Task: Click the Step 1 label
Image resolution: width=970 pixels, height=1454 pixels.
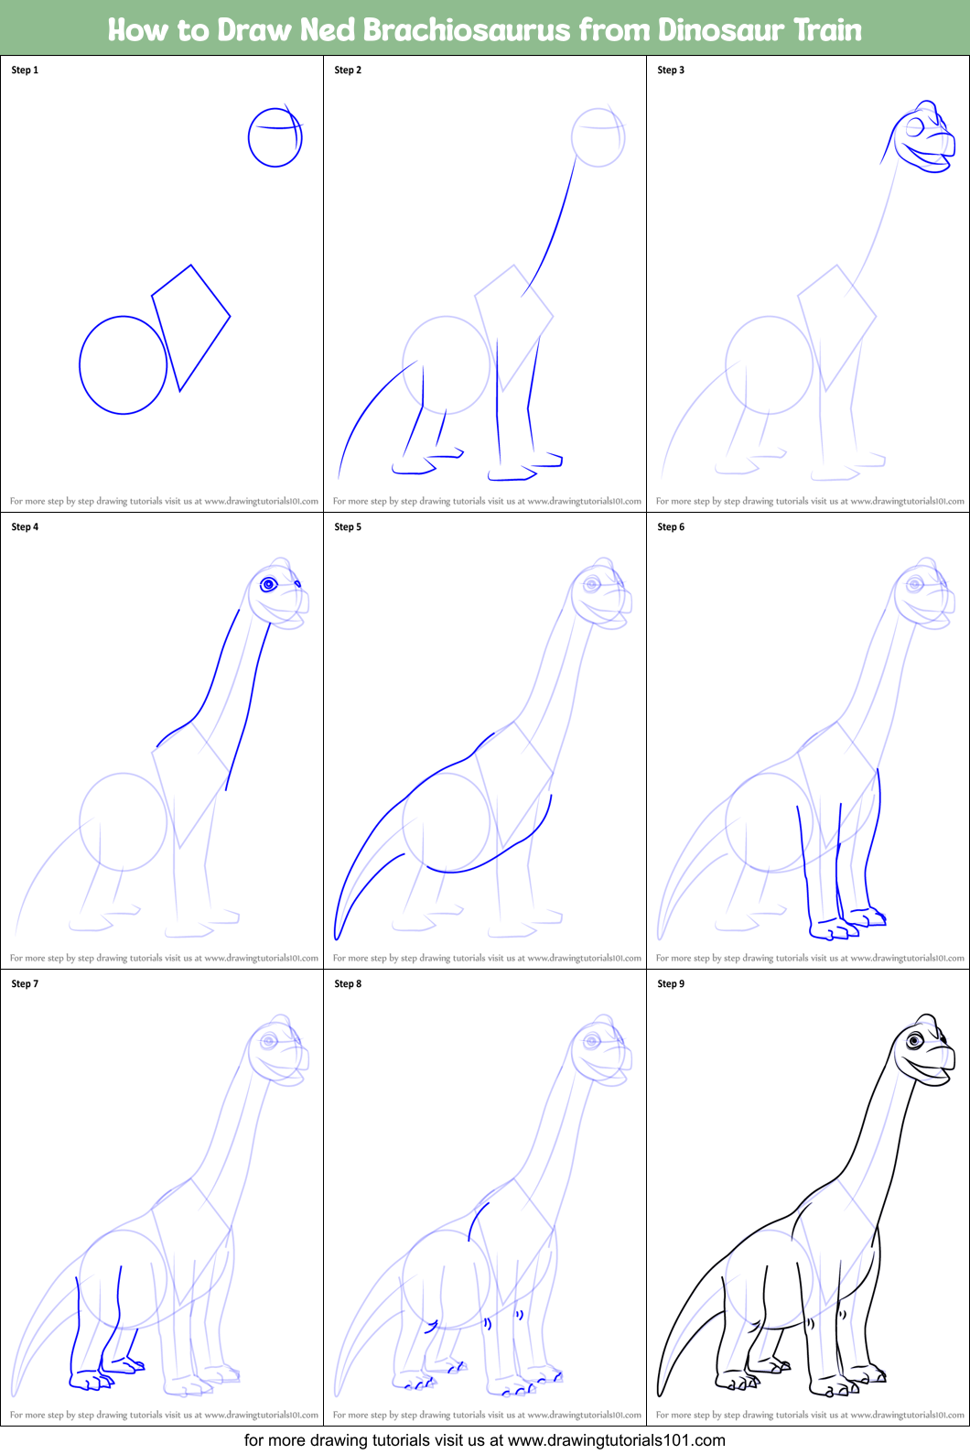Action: click(x=25, y=70)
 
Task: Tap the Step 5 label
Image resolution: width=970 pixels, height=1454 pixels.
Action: click(x=348, y=526)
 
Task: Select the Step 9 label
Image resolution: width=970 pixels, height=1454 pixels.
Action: click(x=671, y=983)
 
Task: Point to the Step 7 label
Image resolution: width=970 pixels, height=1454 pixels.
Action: click(x=25, y=983)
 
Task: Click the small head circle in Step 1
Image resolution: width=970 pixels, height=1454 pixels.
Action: click(x=275, y=137)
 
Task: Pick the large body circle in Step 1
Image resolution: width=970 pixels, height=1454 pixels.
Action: click(x=123, y=365)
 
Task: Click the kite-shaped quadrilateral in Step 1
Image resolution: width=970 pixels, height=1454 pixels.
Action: click(x=190, y=325)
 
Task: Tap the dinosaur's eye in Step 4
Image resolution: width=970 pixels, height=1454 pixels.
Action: click(x=269, y=584)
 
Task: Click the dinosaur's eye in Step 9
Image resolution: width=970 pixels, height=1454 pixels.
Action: click(x=914, y=1040)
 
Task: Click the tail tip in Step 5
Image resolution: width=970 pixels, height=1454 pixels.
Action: click(x=337, y=936)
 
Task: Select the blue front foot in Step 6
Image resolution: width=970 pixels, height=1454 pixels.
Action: click(x=831, y=930)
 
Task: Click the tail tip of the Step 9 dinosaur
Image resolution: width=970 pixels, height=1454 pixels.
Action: click(x=660, y=1393)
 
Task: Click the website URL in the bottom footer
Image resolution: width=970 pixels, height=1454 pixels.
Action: click(x=616, y=1440)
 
